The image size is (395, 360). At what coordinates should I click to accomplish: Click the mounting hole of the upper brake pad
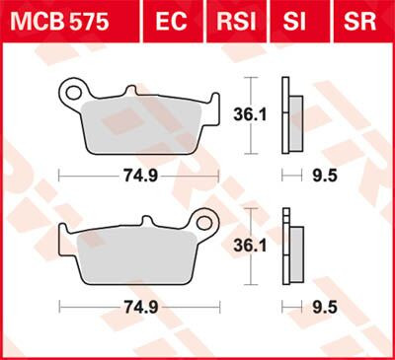(71, 93)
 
